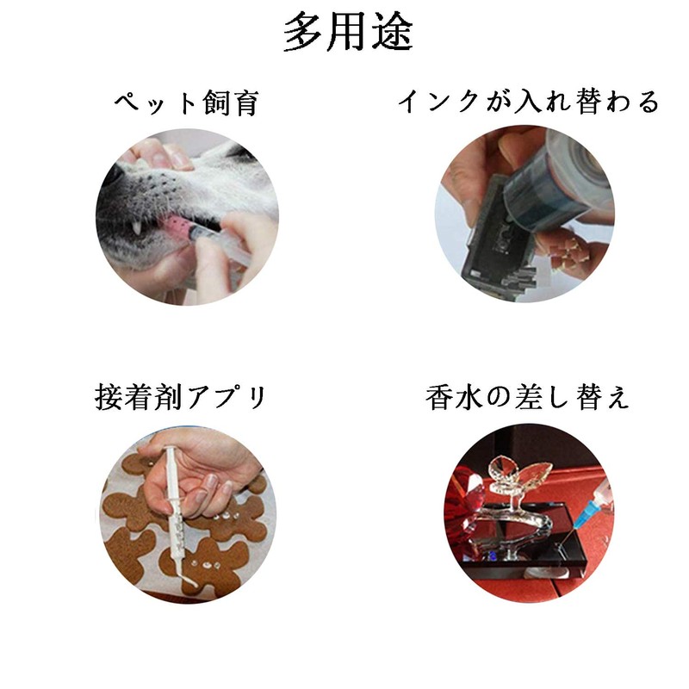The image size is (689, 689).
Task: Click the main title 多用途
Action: [348, 32]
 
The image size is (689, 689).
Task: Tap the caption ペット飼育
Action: [187, 102]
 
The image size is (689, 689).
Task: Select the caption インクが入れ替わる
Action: [529, 102]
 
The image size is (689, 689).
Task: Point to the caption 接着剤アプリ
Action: [180, 397]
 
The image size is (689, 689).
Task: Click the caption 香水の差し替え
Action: [527, 397]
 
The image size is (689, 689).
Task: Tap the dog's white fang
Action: [138, 227]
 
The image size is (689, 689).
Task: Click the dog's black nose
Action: [109, 176]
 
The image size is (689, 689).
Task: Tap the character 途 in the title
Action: [393, 32]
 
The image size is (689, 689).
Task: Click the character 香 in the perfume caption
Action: [438, 397]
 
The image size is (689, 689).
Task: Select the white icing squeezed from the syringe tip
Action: [189, 580]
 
